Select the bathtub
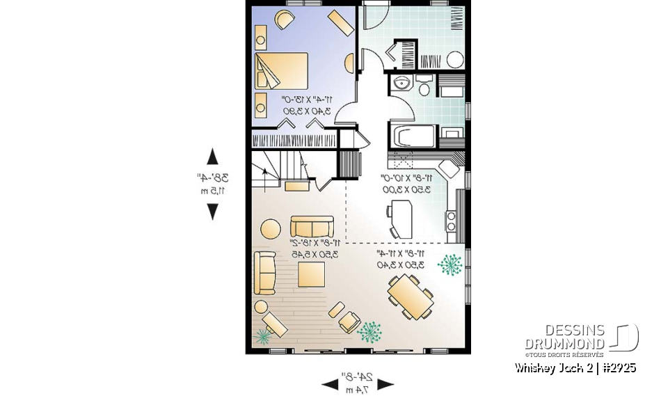tap(413, 136)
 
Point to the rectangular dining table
tap(411, 296)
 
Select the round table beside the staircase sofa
tap(271, 228)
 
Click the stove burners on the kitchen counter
tap(451, 221)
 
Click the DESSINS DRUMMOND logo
tap(580, 338)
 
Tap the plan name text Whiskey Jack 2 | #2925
tap(575, 367)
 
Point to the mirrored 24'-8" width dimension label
tap(357, 383)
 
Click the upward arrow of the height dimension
tap(212, 157)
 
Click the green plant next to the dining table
tap(451, 265)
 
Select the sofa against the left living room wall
tap(265, 273)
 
